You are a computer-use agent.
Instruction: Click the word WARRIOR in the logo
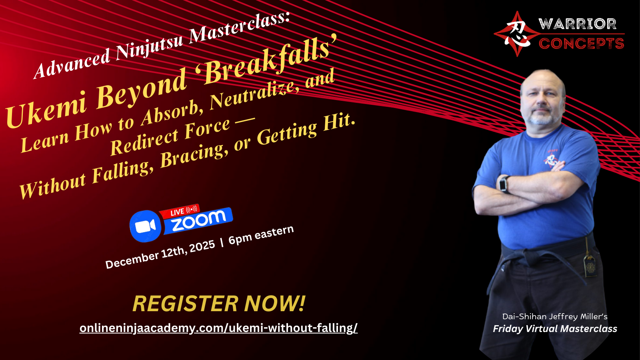point(578,24)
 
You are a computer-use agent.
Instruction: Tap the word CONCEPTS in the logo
point(582,44)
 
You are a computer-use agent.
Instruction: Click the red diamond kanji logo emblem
point(517,34)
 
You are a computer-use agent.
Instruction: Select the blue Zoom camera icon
point(145,226)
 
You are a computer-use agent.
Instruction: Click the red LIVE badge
point(180,212)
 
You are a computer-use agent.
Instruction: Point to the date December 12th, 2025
point(160,254)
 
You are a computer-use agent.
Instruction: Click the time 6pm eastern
point(261,235)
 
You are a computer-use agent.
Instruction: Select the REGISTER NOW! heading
point(219,304)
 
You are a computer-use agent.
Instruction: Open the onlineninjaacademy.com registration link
point(218,328)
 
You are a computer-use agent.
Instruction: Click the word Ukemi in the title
point(46,108)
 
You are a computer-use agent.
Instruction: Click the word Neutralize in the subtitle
point(254,95)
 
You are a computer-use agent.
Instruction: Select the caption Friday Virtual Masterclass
point(555,329)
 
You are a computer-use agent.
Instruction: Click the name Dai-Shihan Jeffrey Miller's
point(555,316)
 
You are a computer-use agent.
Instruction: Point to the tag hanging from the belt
point(590,266)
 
